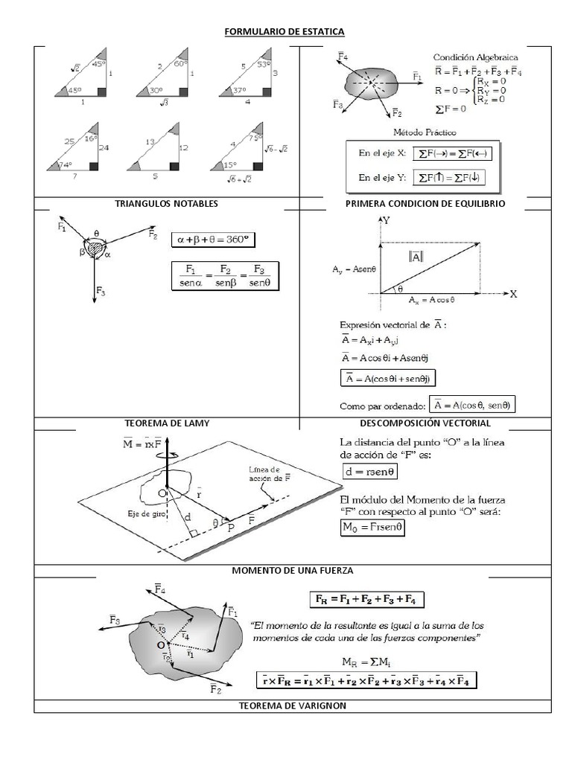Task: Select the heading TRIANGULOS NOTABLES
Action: (167, 203)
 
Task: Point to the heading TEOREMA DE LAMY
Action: (167, 423)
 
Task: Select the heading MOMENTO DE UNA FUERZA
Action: (292, 570)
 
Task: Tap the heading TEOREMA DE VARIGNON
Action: (292, 705)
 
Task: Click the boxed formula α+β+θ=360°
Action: (212, 240)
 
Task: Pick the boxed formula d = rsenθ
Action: (369, 471)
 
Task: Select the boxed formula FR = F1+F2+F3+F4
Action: (367, 599)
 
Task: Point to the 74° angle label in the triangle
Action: (65, 165)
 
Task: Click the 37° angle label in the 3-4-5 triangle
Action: (238, 91)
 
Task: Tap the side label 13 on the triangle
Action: (150, 142)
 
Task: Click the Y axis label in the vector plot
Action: (386, 221)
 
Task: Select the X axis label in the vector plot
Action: (513, 294)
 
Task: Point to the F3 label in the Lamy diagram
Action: (101, 292)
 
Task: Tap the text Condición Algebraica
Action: (477, 57)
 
